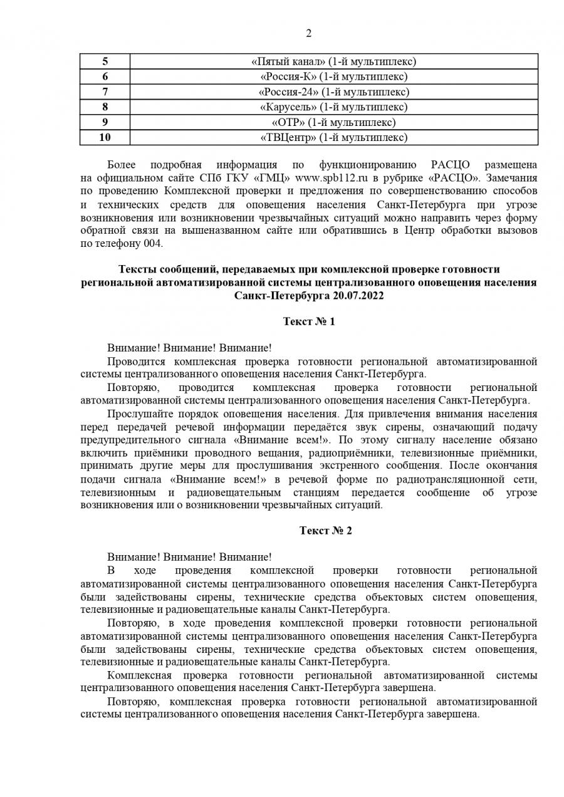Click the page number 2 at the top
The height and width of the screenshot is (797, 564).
308,34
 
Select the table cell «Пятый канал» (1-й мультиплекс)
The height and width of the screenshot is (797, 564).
333,61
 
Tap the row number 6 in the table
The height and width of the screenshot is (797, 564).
105,76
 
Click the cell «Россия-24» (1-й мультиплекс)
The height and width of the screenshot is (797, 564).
333,92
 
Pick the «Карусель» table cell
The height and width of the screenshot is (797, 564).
333,107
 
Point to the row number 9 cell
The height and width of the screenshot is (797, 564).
105,122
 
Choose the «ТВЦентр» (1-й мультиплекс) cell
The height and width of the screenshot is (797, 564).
333,137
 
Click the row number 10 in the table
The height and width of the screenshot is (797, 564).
105,137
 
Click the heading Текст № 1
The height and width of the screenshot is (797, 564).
309,321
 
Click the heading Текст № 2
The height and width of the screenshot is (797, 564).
326,531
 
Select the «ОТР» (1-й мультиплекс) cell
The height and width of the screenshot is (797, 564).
333,122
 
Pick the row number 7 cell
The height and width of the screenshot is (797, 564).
105,92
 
